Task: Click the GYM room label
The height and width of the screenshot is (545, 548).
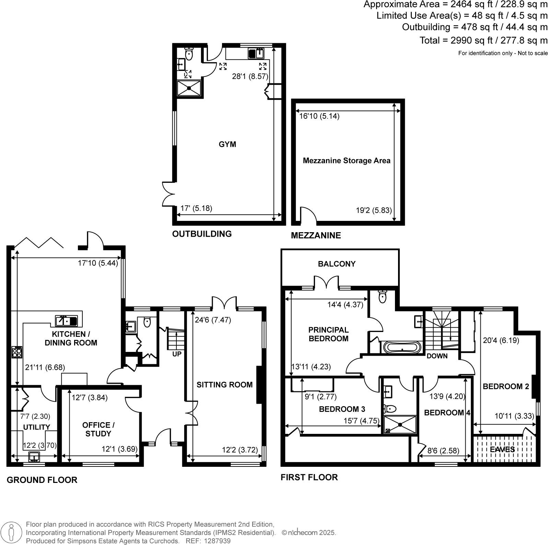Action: coord(227,144)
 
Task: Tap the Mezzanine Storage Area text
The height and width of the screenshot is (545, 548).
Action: coord(346,161)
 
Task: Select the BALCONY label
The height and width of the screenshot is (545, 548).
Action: coord(337,264)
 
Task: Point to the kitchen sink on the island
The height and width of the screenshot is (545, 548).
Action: coord(66,321)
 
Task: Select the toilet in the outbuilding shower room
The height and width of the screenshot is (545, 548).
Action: coord(189,54)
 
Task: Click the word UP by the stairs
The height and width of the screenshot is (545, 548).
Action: coord(177,354)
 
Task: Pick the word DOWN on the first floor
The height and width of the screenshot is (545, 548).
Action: coord(437,356)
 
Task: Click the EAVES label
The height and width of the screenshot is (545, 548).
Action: coord(502,449)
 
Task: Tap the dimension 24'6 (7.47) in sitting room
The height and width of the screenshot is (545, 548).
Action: coord(213,320)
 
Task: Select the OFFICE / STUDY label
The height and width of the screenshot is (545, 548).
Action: coord(98,429)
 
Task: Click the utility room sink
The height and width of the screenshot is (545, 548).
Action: coord(34,457)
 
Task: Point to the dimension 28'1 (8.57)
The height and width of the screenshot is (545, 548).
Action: coord(250,76)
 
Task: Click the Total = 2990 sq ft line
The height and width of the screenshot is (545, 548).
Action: coord(483,40)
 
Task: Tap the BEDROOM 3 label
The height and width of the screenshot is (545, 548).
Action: coord(342,409)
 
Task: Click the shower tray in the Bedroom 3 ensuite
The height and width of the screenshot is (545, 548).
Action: coord(400,425)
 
